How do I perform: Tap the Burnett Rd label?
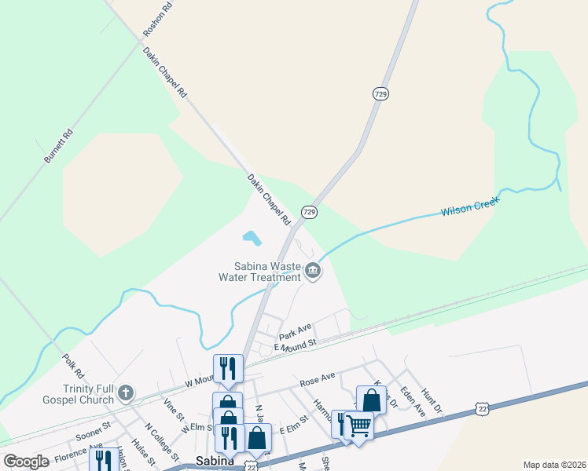(x=58, y=145)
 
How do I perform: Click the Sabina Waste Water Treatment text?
(x=267, y=272)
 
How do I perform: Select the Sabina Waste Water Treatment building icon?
(x=313, y=272)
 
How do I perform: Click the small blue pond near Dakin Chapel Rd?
(x=251, y=236)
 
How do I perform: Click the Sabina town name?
(x=215, y=461)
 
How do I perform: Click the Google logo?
(x=27, y=461)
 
